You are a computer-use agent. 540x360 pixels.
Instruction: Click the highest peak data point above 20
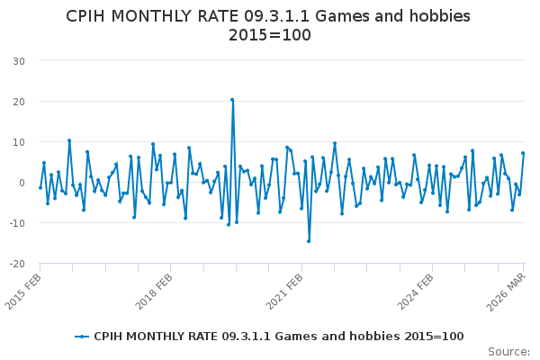[232, 100]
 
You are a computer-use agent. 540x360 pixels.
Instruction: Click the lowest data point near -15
[309, 241]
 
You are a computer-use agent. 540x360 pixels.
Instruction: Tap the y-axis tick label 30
[18, 60]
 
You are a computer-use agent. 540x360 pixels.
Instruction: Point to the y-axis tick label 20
[18, 101]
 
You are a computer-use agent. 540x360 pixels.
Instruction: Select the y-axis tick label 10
[18, 142]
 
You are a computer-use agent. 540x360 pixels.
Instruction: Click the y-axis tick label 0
[21, 183]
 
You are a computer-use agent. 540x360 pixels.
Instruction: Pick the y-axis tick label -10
[16, 223]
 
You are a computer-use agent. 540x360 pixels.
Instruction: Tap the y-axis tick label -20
[16, 265]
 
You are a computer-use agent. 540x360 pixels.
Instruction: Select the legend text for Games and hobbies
[279, 337]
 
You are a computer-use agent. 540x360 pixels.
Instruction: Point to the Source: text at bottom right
[509, 351]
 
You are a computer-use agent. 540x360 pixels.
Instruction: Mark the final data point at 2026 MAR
[523, 153]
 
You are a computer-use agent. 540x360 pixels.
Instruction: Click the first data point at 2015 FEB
[40, 187]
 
